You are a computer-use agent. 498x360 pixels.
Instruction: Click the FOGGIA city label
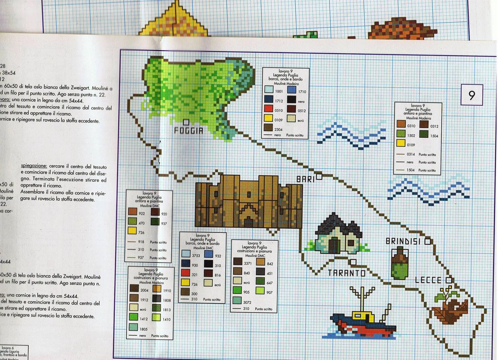(188, 130)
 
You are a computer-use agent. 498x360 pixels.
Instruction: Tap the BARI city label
(306, 179)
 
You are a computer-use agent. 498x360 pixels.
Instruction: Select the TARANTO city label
(347, 273)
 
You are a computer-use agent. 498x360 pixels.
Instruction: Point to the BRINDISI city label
(403, 241)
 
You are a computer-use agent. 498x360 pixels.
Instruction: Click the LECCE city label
(428, 280)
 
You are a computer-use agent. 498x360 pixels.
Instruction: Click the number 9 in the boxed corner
(472, 95)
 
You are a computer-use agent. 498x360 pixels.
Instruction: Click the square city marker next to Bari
(319, 177)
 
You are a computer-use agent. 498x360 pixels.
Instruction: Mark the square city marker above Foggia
(186, 122)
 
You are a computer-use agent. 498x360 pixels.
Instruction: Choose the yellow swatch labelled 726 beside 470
(132, 231)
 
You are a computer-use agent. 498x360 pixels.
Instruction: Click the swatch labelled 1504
(424, 134)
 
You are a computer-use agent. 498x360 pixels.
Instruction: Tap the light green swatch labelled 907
(260, 290)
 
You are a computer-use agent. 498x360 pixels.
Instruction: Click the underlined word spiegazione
(33, 166)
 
